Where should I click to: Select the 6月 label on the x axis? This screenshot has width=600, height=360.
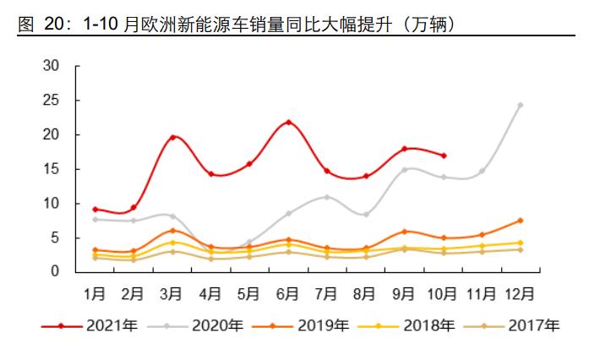point(288,294)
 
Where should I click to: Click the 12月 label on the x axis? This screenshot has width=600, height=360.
point(519,294)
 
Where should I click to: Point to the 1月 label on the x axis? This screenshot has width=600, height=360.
point(95,294)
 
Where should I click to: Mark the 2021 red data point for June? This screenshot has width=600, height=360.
point(288,123)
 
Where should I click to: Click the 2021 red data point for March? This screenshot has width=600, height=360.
point(172,137)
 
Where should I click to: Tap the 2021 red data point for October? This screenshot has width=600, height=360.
point(443,155)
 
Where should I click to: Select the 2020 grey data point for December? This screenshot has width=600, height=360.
point(520,106)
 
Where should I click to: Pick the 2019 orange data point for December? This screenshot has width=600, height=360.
point(520,221)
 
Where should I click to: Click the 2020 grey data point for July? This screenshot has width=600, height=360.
point(327,197)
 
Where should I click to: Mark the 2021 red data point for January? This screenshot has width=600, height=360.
point(95,209)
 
